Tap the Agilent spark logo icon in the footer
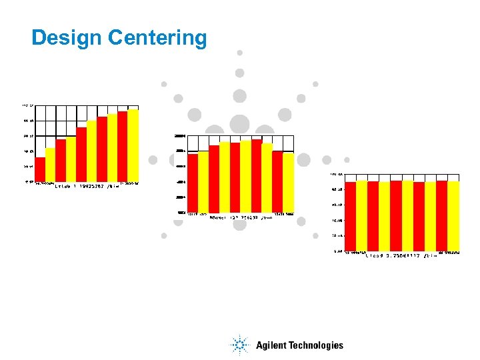pyautogui.click(x=239, y=345)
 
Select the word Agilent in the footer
pyautogui.click(x=273, y=345)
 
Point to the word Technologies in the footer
pyautogui.click(x=317, y=345)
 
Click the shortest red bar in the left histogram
pyautogui.click(x=40, y=169)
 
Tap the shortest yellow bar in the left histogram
pyautogui.click(x=50, y=165)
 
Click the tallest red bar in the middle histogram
pyautogui.click(x=257, y=176)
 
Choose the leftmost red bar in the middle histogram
pyautogui.click(x=192, y=183)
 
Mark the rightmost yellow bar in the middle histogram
pyautogui.click(x=288, y=182)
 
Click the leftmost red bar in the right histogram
pyautogui.click(x=350, y=216)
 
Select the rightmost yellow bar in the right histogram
pyautogui.click(x=453, y=216)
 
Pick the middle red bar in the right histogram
pyautogui.click(x=396, y=216)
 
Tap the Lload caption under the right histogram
pyautogui.click(x=401, y=255)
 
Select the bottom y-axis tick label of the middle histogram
pyautogui.click(x=180, y=212)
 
